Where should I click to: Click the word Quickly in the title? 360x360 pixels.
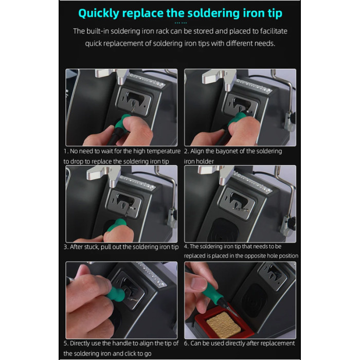99,13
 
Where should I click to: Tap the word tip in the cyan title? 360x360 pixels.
275,13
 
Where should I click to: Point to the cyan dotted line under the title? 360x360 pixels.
181,23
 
